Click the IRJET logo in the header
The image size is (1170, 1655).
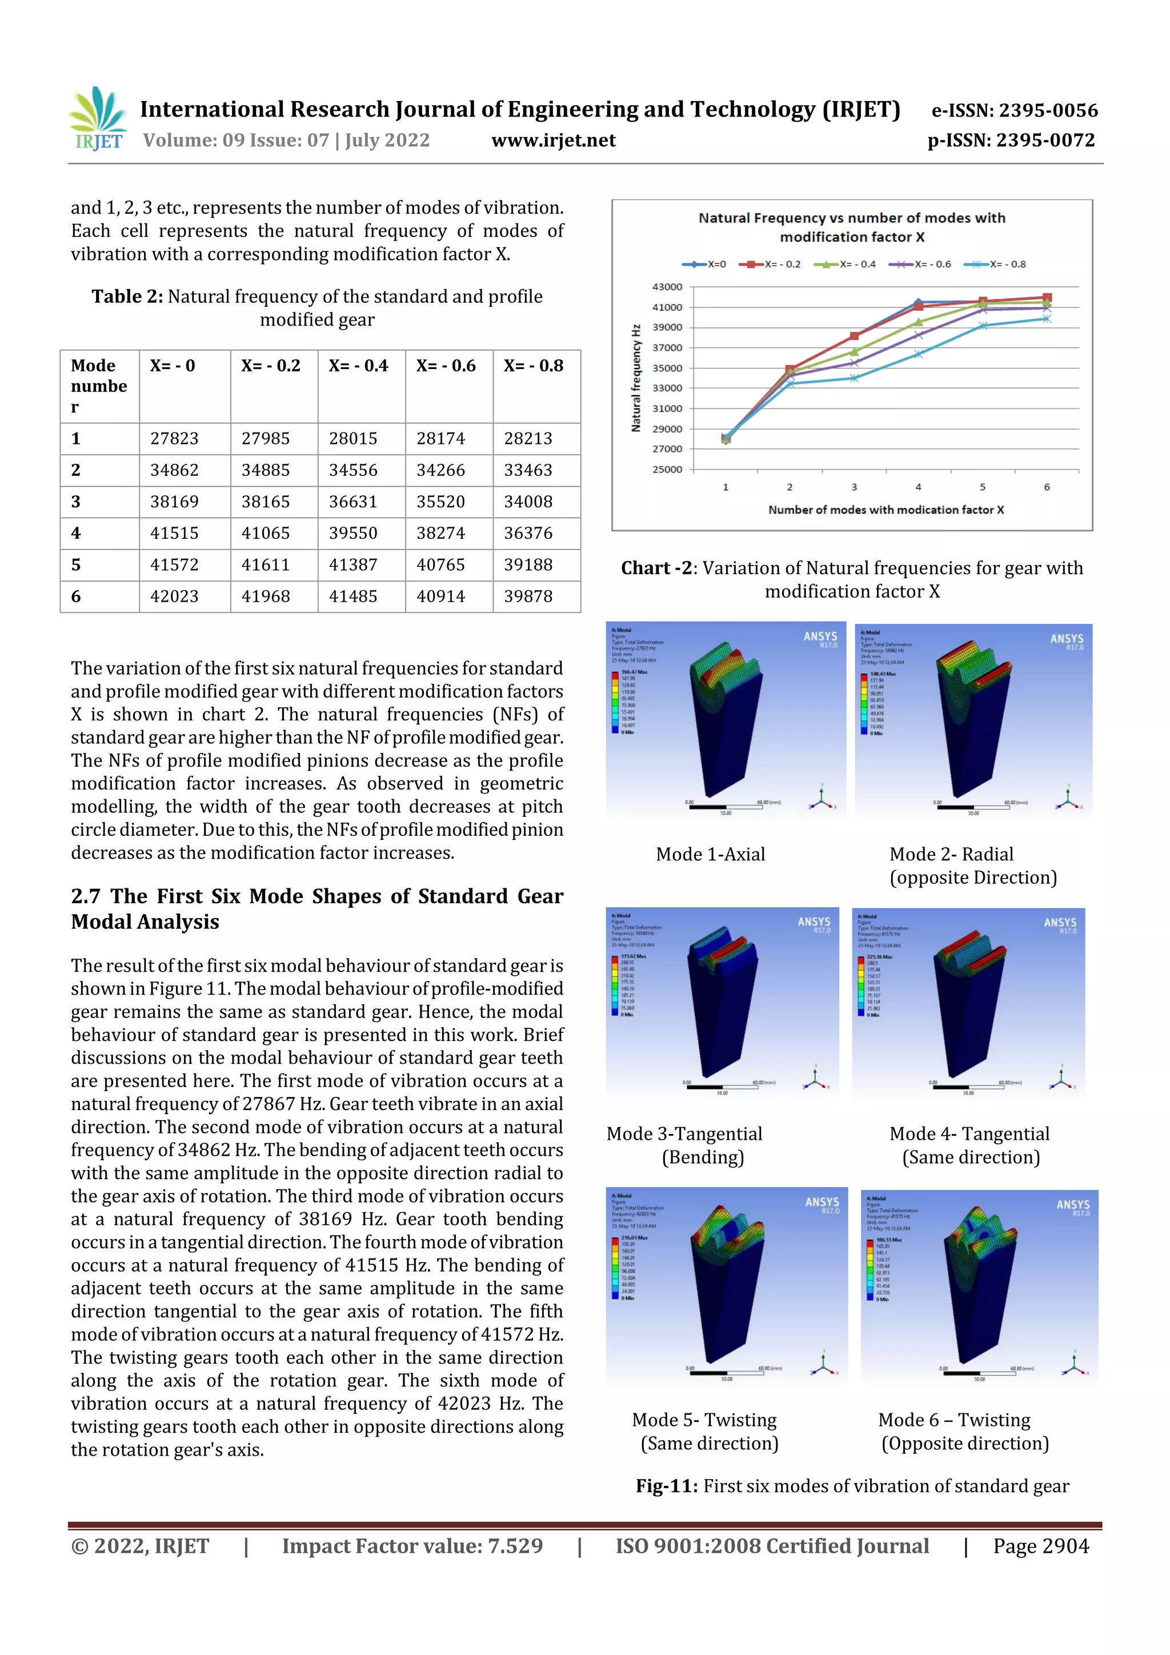pos(98,119)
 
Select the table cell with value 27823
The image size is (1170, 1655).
pos(174,438)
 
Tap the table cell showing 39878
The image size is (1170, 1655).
pos(528,596)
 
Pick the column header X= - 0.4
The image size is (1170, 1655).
pos(358,366)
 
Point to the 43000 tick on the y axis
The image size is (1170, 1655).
pos(667,287)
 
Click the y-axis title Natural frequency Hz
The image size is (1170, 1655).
pos(636,378)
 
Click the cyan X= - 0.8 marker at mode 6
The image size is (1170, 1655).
pos(1047,319)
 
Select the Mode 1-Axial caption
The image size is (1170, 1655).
pos(710,854)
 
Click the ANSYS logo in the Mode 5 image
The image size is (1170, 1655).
pos(822,1203)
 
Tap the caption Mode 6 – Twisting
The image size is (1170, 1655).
pos(953,1420)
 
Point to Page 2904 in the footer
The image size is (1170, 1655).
pos(1040,1546)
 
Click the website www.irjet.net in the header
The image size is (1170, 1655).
pos(553,140)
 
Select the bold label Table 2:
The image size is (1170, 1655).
pos(127,296)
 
